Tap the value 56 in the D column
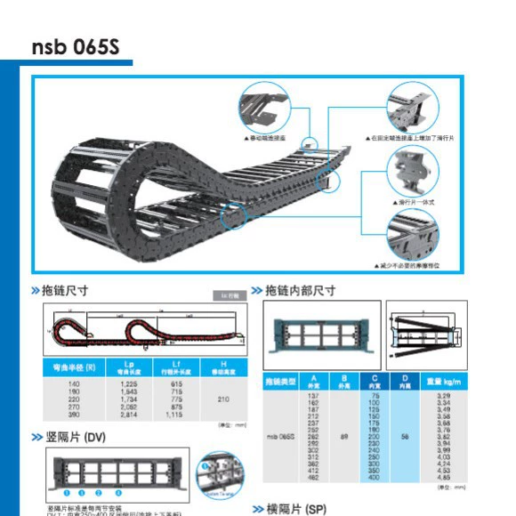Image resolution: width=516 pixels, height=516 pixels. [406, 437]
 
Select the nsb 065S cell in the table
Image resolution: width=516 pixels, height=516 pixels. [280, 437]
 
